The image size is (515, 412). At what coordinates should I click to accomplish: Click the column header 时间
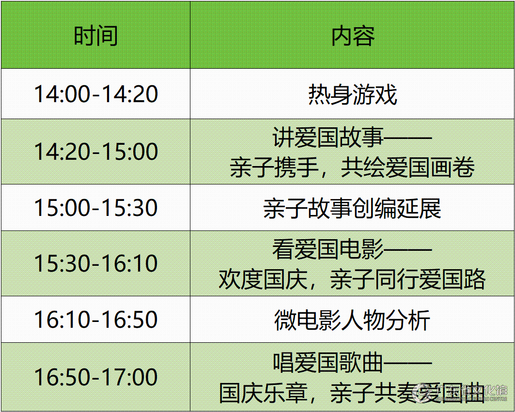click(95, 35)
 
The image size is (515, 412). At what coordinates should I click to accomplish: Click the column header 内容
click(353, 35)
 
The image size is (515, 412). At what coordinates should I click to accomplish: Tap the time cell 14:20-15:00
click(96, 152)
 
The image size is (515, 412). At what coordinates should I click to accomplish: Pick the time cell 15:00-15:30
click(96, 208)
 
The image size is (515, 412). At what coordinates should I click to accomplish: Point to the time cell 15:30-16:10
click(96, 263)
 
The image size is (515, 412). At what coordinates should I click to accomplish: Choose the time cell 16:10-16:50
click(96, 320)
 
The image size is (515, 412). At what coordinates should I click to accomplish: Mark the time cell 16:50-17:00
click(96, 377)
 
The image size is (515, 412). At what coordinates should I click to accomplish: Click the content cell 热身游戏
click(353, 94)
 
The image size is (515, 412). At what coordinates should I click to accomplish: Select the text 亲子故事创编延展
click(352, 208)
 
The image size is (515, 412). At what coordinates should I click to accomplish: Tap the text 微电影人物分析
click(352, 320)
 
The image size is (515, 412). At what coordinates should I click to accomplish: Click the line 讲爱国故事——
click(352, 137)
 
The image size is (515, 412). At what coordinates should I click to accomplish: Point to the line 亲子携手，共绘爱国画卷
click(352, 168)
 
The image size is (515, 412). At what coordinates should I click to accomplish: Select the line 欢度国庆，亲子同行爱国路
click(352, 279)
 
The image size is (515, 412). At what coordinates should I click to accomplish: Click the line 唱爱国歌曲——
click(352, 363)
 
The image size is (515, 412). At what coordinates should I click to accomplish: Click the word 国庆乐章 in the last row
click(263, 393)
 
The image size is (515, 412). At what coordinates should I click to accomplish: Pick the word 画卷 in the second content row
click(453, 168)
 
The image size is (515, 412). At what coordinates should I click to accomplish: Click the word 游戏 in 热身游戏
click(375, 94)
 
